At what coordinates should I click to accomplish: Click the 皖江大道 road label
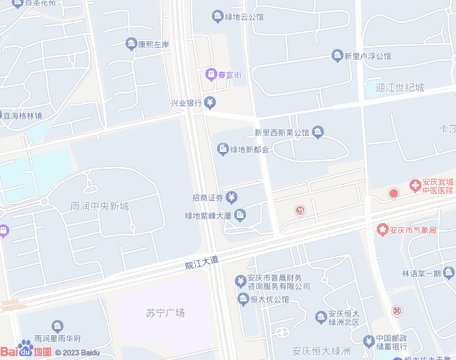click(x=202, y=262)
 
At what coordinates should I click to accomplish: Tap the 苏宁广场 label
click(x=165, y=313)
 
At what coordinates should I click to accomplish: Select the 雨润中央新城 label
click(x=99, y=207)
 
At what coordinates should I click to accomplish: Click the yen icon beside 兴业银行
click(x=209, y=102)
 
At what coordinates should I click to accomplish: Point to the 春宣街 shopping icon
click(x=211, y=74)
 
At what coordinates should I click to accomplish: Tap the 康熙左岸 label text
click(x=154, y=45)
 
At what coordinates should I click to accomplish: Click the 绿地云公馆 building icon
click(x=217, y=16)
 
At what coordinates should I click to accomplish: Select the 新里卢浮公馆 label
click(x=368, y=56)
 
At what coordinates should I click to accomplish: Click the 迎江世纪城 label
click(x=400, y=88)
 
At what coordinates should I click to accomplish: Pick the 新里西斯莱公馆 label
click(x=281, y=133)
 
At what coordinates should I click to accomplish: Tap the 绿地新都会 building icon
click(x=222, y=149)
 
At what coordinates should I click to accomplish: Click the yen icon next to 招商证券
click(x=232, y=198)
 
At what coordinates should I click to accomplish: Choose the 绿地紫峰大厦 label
click(x=208, y=215)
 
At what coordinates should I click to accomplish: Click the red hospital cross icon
click(x=415, y=186)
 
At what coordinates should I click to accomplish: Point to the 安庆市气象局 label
click(x=413, y=230)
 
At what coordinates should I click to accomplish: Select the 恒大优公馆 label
click(x=270, y=299)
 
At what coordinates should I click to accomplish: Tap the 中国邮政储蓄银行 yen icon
click(x=369, y=341)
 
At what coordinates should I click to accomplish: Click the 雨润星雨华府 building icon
click(x=58, y=326)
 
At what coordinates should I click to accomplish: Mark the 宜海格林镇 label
click(x=23, y=116)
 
